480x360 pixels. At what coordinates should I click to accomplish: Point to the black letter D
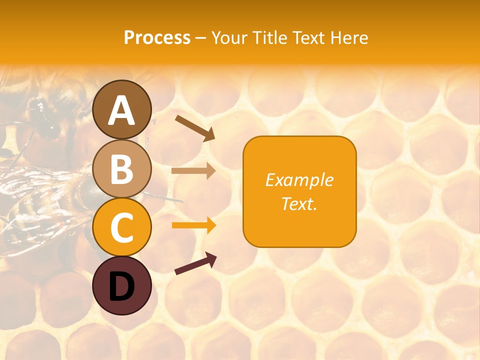pyautogui.click(x=122, y=287)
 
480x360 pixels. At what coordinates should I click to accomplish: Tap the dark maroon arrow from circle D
pyautogui.click(x=195, y=263)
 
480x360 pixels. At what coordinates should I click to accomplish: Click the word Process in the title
pyautogui.click(x=157, y=37)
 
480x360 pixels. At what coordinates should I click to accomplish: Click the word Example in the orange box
pyautogui.click(x=299, y=180)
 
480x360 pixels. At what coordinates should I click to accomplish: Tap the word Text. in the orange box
pyautogui.click(x=299, y=203)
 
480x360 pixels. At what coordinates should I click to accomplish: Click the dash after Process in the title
pyautogui.click(x=200, y=38)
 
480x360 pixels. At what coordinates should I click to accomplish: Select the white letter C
pyautogui.click(x=122, y=228)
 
